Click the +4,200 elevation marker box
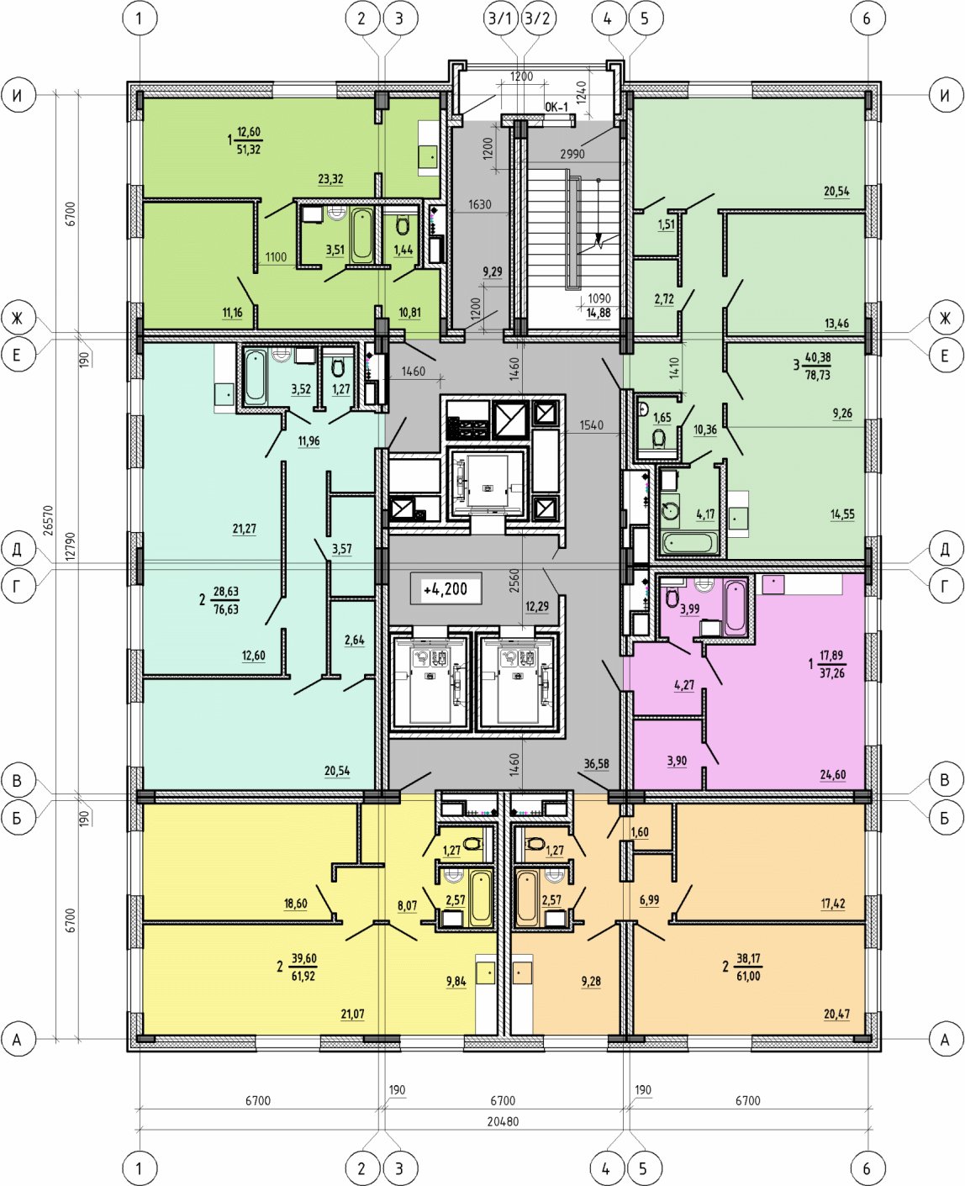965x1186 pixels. click(446, 588)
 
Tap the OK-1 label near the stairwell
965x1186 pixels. click(556, 107)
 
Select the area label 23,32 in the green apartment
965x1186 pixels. click(330, 179)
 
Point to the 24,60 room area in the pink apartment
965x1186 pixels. click(833, 774)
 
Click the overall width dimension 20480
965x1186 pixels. click(503, 1120)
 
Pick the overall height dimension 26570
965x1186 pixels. click(49, 520)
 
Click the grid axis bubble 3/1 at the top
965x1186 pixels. click(500, 18)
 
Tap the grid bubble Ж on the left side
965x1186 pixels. click(18, 319)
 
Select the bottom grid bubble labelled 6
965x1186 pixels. click(867, 1168)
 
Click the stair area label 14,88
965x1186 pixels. click(599, 313)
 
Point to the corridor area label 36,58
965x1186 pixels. click(596, 764)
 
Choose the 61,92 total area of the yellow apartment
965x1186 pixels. click(303, 976)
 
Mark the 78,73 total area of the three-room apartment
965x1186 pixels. click(817, 375)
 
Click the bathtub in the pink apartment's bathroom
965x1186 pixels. click(735, 606)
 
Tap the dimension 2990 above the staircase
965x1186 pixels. click(572, 154)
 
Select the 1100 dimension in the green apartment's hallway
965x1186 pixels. click(276, 256)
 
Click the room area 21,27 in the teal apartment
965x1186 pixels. click(245, 529)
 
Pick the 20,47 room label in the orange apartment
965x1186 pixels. click(837, 1014)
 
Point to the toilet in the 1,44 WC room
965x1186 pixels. click(402, 225)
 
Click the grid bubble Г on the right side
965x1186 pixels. click(945, 586)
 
